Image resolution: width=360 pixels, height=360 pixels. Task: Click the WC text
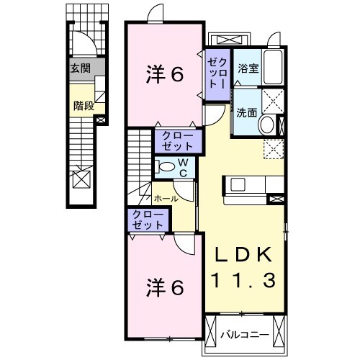pyautogui.click(x=184, y=168)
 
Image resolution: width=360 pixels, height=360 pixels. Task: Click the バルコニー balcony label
pyautogui.click(x=245, y=335)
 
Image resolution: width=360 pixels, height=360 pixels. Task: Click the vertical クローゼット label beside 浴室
pyautogui.click(x=217, y=72)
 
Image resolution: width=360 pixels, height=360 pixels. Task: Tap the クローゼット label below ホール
pyautogui.click(x=147, y=220)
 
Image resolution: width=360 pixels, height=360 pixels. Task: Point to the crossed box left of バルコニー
pyautogui.click(x=212, y=334)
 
